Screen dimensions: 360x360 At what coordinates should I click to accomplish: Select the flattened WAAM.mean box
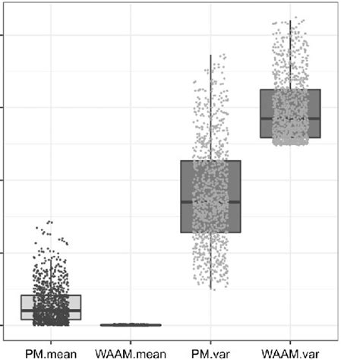point(131,324)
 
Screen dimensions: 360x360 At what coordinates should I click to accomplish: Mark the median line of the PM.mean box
point(51,311)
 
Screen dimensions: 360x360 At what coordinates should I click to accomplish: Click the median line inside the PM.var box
point(210,201)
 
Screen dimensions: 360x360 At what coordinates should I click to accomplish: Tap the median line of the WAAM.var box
point(290,118)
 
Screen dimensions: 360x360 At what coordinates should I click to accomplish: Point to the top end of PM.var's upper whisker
point(210,55)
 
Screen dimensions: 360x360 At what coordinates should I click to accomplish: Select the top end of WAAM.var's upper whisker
point(290,21)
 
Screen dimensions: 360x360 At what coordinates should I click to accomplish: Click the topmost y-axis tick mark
point(3,34)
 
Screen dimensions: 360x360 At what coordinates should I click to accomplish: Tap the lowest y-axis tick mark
point(3,325)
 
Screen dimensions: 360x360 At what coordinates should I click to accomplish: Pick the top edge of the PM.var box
point(210,160)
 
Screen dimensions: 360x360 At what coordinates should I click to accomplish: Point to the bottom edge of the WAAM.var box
point(290,137)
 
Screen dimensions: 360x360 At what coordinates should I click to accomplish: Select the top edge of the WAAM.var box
point(290,90)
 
